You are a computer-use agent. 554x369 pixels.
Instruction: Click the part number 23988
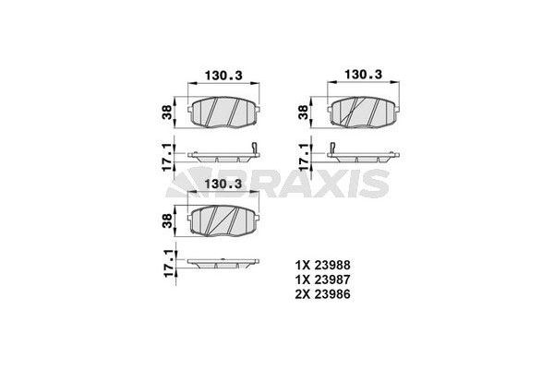coord(332,265)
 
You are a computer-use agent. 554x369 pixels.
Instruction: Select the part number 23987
coord(332,280)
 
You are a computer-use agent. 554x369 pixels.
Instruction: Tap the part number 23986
coord(332,294)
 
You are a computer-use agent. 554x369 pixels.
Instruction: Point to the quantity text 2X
coord(303,294)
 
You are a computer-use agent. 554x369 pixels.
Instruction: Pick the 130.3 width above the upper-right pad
coord(363,75)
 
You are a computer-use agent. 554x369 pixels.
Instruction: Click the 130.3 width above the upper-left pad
coord(223,76)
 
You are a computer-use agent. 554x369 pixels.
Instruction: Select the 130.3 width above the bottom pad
coord(223,184)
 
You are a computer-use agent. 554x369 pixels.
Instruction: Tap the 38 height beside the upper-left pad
coord(167,112)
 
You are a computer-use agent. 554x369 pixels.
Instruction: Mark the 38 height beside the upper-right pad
coord(304,112)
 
